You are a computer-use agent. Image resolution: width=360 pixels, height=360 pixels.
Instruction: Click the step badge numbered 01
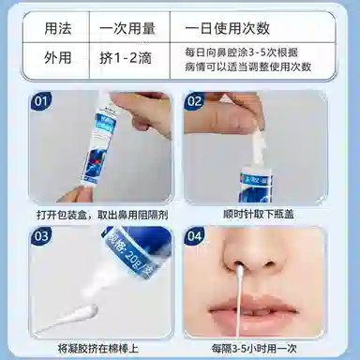pyautogui.click(x=41, y=98)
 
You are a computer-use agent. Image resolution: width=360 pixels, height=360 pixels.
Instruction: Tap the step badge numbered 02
pyautogui.click(x=194, y=99)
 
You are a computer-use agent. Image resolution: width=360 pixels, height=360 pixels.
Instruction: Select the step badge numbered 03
pyautogui.click(x=41, y=237)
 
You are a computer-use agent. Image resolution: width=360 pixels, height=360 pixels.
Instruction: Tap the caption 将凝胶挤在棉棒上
pyautogui.click(x=102, y=346)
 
